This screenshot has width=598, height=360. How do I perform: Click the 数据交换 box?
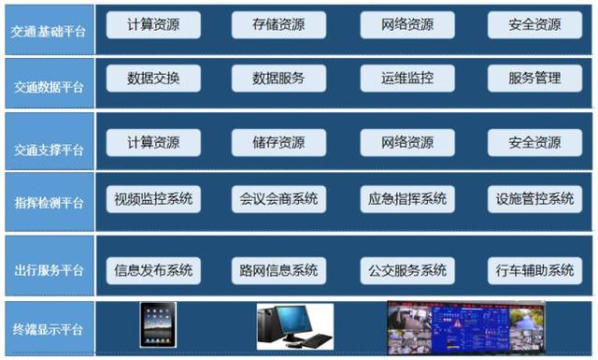(x=153, y=79)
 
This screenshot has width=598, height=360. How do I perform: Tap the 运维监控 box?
(x=407, y=79)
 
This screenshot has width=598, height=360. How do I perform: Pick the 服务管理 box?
(x=535, y=79)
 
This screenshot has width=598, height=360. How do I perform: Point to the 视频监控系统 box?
(x=153, y=198)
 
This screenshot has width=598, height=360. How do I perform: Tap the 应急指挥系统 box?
(x=407, y=198)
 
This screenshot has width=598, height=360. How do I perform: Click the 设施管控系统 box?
(x=535, y=198)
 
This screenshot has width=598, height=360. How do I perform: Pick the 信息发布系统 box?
(x=153, y=271)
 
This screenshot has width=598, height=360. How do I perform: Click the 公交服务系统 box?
(x=407, y=271)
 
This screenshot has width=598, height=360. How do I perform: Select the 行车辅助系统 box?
(x=535, y=271)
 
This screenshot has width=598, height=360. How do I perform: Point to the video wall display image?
(x=464, y=327)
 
